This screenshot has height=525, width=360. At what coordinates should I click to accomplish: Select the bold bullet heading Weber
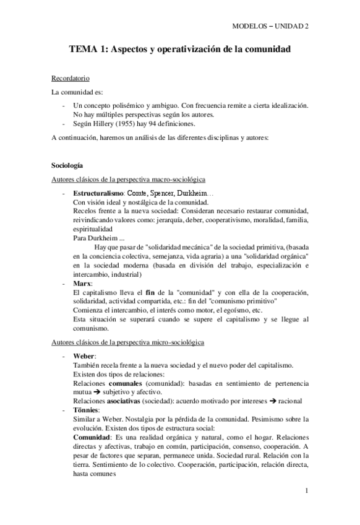[84, 357]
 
